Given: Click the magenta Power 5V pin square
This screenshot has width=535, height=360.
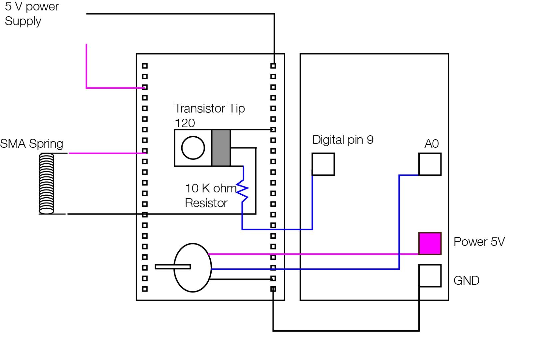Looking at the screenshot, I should (x=430, y=244).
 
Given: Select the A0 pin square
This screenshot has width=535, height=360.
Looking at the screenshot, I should (x=430, y=164).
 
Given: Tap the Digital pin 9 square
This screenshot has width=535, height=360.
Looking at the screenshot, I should (x=323, y=164).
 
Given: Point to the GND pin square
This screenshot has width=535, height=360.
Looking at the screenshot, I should (x=430, y=276).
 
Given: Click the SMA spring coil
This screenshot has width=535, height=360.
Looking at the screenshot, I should (x=47, y=183).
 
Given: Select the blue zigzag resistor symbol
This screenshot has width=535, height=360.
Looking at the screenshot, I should (x=243, y=191).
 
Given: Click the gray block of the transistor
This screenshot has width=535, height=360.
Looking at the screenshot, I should (x=221, y=148).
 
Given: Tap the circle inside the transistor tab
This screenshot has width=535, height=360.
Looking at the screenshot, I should (x=193, y=148).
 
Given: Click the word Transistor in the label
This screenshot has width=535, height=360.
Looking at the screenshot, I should (x=195, y=108).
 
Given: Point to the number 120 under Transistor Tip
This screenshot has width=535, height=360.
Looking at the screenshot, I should (x=185, y=123).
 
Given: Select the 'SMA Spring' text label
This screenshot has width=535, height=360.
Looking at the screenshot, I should (x=32, y=144).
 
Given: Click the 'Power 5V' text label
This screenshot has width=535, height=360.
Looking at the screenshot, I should (x=479, y=242).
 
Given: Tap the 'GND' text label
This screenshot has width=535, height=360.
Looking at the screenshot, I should (x=466, y=281).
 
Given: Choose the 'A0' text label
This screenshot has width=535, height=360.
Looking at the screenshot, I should (x=431, y=144).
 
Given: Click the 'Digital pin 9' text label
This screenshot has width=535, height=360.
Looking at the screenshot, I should (x=343, y=140).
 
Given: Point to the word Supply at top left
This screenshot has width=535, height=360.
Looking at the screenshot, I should (x=23, y=21).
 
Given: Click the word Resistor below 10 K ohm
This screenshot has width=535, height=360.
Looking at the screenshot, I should (x=206, y=203).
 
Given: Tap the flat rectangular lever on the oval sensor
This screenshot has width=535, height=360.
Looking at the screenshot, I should (x=173, y=267).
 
